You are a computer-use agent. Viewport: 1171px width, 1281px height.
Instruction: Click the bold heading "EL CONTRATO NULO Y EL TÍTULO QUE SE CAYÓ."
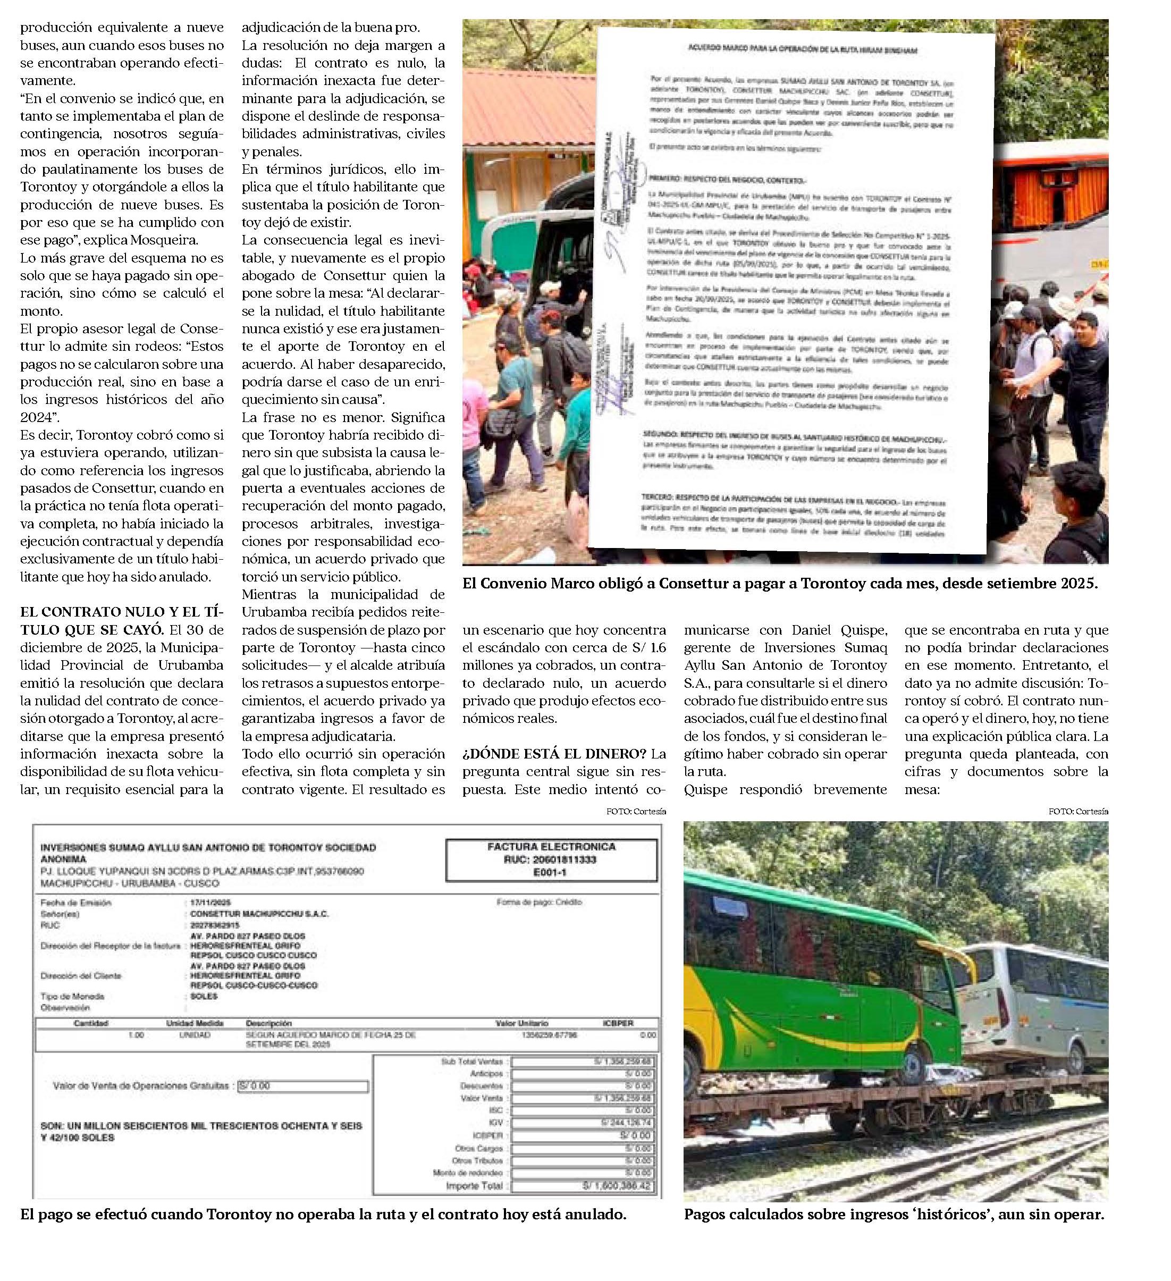click(x=121, y=612)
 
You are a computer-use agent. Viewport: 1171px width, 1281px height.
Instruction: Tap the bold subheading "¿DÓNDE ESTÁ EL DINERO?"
click(x=554, y=754)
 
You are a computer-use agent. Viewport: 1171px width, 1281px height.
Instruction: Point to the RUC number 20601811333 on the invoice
click(x=550, y=859)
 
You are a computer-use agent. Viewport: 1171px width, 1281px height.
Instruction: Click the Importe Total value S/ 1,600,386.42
click(x=616, y=1186)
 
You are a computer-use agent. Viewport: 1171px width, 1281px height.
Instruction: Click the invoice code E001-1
click(x=550, y=872)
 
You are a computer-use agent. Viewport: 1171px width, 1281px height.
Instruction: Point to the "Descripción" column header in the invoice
click(x=268, y=1023)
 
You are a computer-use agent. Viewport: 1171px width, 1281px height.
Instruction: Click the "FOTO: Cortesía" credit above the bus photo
click(x=1078, y=812)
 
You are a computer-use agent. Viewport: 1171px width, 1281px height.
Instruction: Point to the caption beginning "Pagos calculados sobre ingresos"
click(x=894, y=1214)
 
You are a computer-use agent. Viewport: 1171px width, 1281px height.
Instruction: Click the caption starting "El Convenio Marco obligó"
click(x=780, y=583)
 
